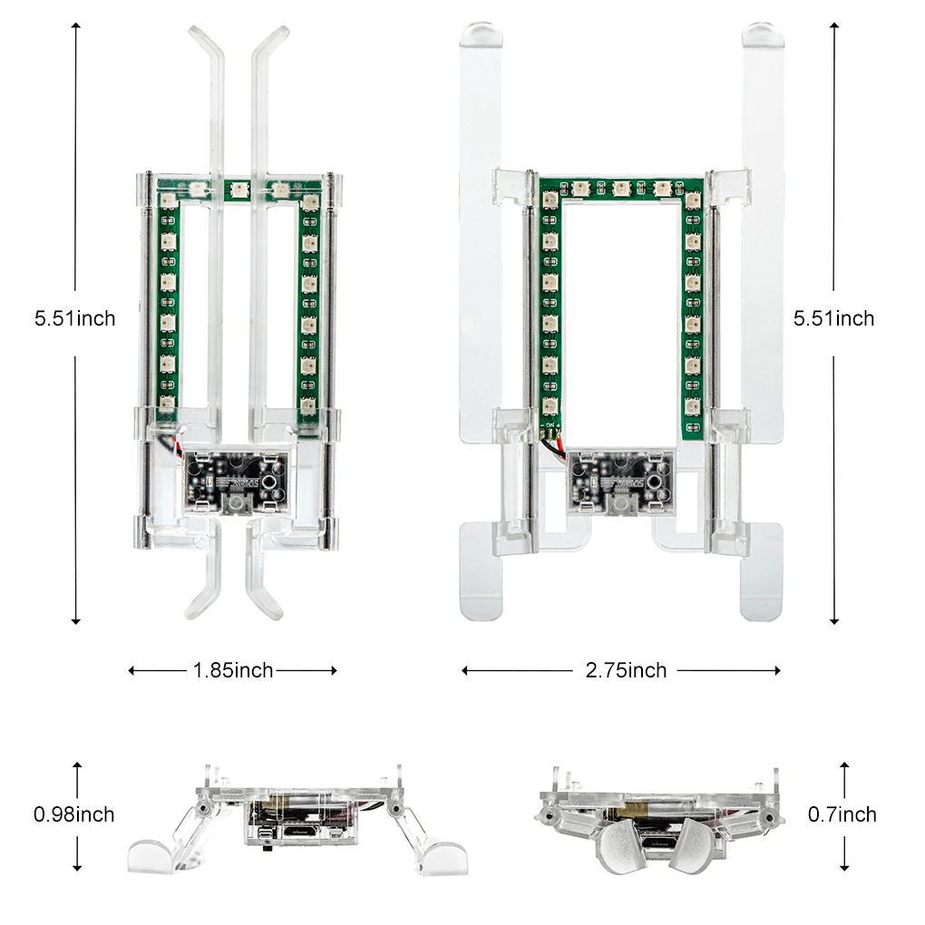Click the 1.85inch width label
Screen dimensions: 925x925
(x=233, y=670)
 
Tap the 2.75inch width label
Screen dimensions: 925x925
(x=626, y=670)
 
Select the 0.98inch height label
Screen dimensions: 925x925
(x=73, y=814)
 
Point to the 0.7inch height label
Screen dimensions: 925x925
(x=842, y=814)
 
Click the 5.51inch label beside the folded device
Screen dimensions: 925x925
(x=75, y=318)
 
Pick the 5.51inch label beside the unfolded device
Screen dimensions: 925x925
(x=833, y=318)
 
